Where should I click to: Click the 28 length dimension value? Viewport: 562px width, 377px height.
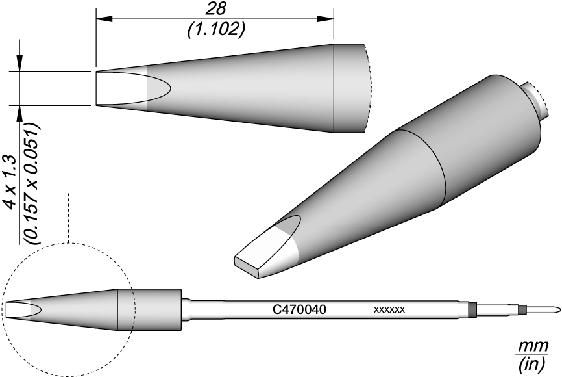pyautogui.click(x=215, y=8)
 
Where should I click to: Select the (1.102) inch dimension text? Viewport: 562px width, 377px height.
pyautogui.click(x=215, y=29)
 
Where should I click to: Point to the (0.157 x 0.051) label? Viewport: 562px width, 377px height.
pyautogui.click(x=31, y=184)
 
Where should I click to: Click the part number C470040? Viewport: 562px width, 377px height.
pyautogui.click(x=300, y=309)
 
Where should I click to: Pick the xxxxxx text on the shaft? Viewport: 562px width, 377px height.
pyautogui.click(x=389, y=309)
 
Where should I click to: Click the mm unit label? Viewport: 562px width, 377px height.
pyautogui.click(x=533, y=347)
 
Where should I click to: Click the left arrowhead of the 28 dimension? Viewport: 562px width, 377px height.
pyautogui.click(x=104, y=19)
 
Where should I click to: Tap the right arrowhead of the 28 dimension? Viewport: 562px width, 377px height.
pyautogui.click(x=325, y=19)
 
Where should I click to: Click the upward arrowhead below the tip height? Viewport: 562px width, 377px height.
pyautogui.click(x=19, y=114)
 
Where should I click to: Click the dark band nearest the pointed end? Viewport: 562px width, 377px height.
pyautogui.click(x=522, y=309)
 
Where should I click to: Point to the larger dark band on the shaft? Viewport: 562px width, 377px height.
pyautogui.click(x=472, y=309)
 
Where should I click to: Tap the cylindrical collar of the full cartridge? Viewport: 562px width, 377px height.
pyautogui.click(x=150, y=310)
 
